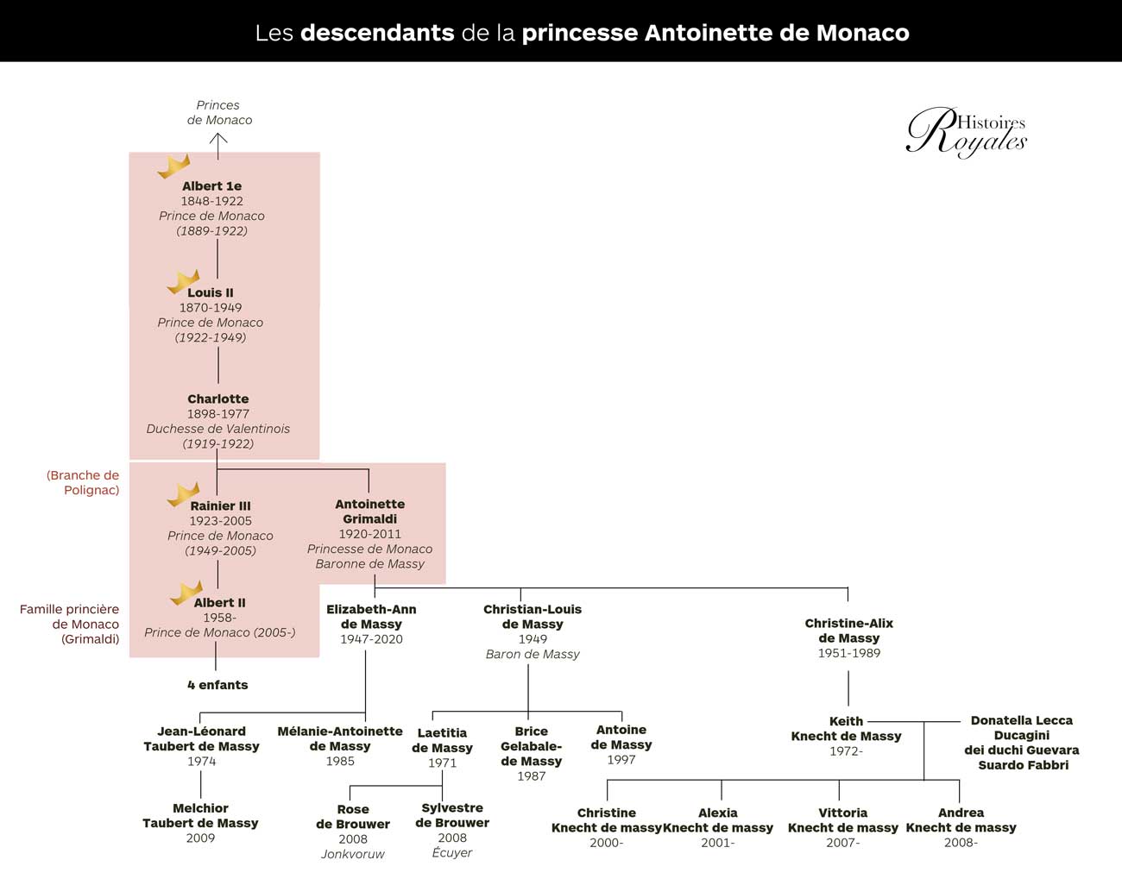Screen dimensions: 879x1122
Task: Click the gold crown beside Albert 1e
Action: click(174, 166)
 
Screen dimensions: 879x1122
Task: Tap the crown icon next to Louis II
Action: click(183, 281)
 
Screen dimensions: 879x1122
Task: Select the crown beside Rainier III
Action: click(183, 494)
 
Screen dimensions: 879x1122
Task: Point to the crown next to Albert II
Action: click(186, 593)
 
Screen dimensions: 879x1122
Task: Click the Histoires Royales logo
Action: click(967, 132)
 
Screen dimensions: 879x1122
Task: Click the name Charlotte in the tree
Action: click(218, 399)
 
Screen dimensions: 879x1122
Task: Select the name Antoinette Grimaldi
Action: click(369, 512)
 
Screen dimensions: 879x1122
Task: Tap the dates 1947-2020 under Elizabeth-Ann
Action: click(371, 639)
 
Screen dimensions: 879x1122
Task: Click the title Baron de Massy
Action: click(533, 654)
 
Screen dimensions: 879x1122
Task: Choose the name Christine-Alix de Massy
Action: click(848, 631)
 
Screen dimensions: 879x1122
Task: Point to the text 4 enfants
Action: click(217, 685)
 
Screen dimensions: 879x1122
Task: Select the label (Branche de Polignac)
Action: click(83, 482)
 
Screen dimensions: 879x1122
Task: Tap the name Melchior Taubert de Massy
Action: click(200, 815)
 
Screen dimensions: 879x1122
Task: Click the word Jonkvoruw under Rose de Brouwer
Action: click(353, 854)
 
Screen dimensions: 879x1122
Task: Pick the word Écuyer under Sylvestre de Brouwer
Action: click(452, 852)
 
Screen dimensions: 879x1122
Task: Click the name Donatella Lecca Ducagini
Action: click(1022, 728)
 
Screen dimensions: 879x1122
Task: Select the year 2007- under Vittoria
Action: click(842, 842)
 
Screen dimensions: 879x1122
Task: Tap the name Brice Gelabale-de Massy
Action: click(532, 746)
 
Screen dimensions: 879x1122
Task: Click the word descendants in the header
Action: click(377, 33)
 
